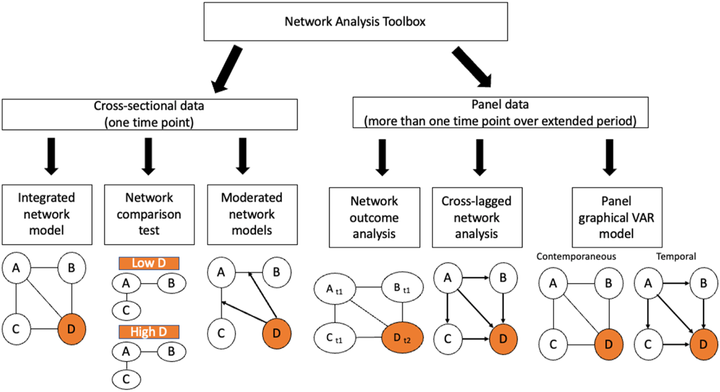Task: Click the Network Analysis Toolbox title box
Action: coord(355,21)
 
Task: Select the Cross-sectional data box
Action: coord(150,114)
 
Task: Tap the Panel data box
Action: coord(500,112)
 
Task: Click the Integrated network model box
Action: coord(47,214)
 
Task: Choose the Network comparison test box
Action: coord(149,214)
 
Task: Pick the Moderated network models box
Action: coord(252,214)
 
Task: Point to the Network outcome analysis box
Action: coord(374,217)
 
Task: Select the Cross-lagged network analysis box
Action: coord(477,217)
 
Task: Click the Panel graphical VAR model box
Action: coord(617,217)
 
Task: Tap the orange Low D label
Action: coord(149,263)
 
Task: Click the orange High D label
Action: coord(149,331)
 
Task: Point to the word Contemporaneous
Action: coord(576,257)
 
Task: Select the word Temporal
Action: coord(676,257)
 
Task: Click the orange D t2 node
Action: coord(403,338)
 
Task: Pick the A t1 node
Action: coord(335,289)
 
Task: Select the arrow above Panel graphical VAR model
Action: coord(609,157)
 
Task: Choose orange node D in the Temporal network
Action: coord(703,344)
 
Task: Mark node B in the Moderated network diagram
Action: coord(276,272)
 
